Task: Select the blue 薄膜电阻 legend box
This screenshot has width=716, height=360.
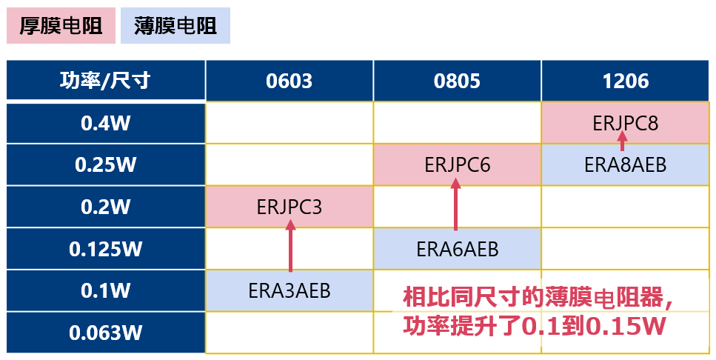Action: (x=175, y=26)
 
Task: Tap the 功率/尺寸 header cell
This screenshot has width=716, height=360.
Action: (x=105, y=80)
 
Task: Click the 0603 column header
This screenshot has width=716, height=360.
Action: (x=290, y=80)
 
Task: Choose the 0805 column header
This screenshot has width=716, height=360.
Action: (x=458, y=80)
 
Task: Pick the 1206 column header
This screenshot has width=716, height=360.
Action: (x=626, y=80)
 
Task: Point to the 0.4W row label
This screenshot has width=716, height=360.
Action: (x=105, y=123)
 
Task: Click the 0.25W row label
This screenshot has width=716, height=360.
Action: (x=105, y=164)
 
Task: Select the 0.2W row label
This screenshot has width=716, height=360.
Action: (x=105, y=207)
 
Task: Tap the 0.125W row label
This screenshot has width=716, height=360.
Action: (x=105, y=249)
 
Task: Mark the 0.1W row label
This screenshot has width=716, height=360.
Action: (x=105, y=291)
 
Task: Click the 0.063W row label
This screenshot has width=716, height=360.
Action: (x=105, y=333)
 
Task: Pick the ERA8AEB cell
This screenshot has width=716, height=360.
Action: (x=626, y=164)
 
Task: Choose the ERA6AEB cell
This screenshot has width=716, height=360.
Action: (x=458, y=250)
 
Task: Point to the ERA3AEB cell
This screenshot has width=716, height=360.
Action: (x=290, y=291)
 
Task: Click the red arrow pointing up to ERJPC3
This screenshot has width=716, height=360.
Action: (x=290, y=248)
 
